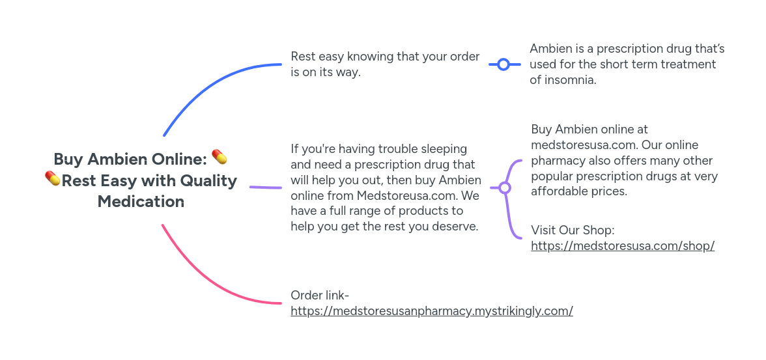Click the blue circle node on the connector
(504, 64)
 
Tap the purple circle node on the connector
(505, 187)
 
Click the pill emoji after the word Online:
(220, 158)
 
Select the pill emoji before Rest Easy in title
(52, 178)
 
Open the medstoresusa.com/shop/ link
(623, 245)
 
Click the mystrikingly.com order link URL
(432, 311)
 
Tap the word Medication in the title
(141, 201)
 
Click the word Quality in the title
(208, 181)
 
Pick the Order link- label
(320, 295)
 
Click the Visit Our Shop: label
(573, 230)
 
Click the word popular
(552, 176)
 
